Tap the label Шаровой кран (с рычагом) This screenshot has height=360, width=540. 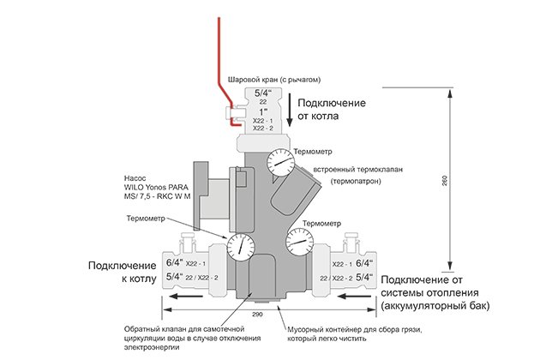pyautogui.click(x=274, y=80)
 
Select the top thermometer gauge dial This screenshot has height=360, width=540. pyautogui.click(x=280, y=163)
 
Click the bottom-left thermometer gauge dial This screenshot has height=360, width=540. pyautogui.click(x=241, y=247)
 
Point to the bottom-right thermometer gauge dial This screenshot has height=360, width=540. pyautogui.click(x=300, y=242)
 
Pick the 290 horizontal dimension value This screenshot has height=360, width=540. pyautogui.click(x=257, y=315)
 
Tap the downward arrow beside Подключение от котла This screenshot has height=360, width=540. pyautogui.click(x=290, y=110)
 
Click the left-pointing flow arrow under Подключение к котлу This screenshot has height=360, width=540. pyautogui.click(x=187, y=296)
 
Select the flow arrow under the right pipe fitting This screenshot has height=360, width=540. pyautogui.click(x=354, y=296)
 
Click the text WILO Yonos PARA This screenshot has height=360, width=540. pyautogui.click(x=156, y=188)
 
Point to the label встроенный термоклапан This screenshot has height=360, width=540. pyautogui.click(x=358, y=170)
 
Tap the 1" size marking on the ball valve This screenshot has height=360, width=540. pyautogui.click(x=263, y=112)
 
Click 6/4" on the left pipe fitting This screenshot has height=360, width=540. pyautogui.click(x=175, y=262)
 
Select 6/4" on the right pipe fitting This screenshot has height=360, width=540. pyautogui.click(x=364, y=263)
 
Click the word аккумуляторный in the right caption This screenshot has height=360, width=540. pyautogui.click(x=428, y=306)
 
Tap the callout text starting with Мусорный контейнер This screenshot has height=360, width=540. pyautogui.click(x=355, y=334)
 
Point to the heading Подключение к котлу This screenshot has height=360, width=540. pyautogui.click(x=123, y=273)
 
